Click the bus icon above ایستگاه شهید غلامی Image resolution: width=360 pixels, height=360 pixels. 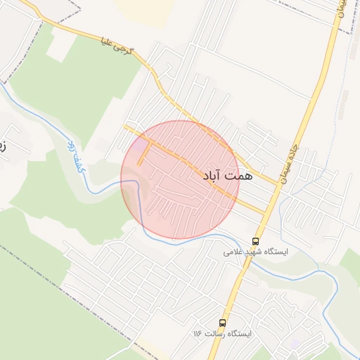[x=255, y=240]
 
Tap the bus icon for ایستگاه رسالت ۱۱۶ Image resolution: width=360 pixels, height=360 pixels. [x=223, y=323]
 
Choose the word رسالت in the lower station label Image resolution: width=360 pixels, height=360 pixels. [x=224, y=334]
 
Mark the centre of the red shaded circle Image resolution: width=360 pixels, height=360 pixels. [x=180, y=180]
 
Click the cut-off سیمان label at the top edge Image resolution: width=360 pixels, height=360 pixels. [x=341, y=8]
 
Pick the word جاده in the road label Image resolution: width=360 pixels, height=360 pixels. [x=295, y=151]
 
